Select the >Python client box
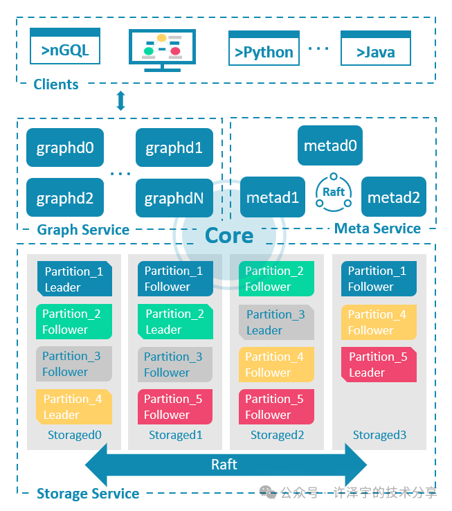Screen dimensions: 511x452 (264, 49)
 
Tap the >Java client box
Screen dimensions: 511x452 (375, 49)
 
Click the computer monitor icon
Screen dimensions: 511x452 (162, 50)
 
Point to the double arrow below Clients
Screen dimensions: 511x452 (120, 101)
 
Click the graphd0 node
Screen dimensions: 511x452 (65, 147)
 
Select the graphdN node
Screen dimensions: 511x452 (174, 198)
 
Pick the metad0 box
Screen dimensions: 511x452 (330, 146)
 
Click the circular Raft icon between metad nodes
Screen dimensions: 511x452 (333, 192)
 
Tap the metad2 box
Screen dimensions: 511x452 (393, 197)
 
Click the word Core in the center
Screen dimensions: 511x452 (229, 235)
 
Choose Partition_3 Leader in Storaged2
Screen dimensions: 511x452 (275, 322)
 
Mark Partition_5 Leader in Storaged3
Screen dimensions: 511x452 (377, 364)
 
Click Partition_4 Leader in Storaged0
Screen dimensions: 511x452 (73, 406)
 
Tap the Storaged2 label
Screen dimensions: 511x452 (277, 436)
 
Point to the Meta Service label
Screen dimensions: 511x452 (377, 228)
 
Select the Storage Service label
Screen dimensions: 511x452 (88, 494)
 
